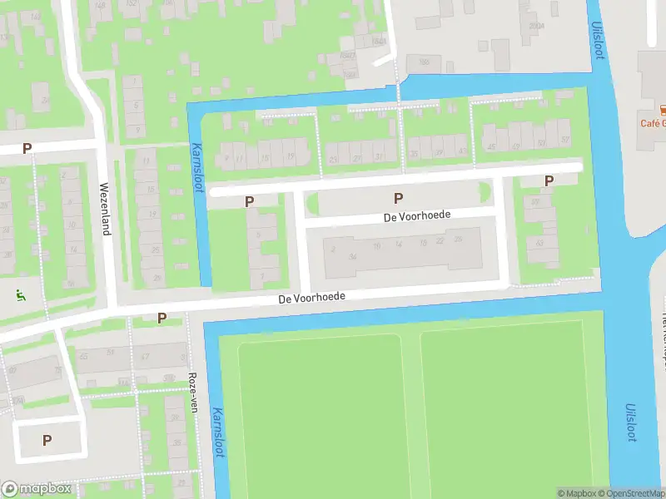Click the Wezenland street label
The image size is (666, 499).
pyautogui.click(x=106, y=208)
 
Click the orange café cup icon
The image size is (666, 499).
pyautogui.click(x=664, y=109)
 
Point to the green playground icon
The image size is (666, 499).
pyautogui.click(x=20, y=294)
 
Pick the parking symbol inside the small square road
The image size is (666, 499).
pyautogui.click(x=47, y=440)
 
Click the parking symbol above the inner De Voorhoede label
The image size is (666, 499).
pyautogui.click(x=398, y=197)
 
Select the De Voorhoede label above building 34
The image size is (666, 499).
pyautogui.click(x=418, y=215)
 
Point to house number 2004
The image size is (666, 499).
pyautogui.click(x=536, y=26)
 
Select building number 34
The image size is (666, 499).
pyautogui.click(x=353, y=256)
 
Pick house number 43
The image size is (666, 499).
pyautogui.click(x=462, y=151)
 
